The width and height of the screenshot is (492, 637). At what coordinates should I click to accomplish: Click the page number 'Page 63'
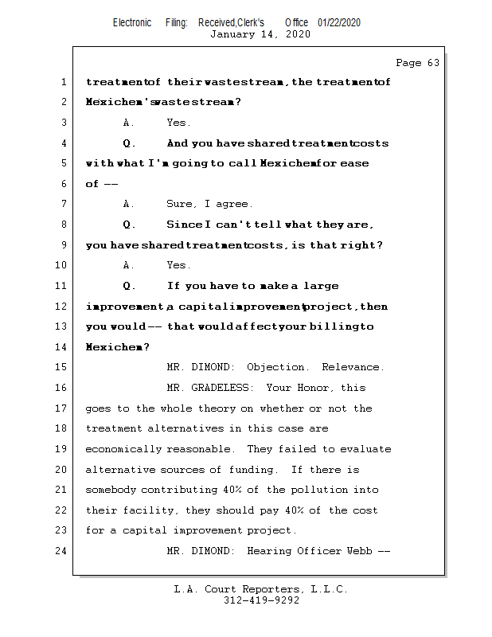[x=417, y=63]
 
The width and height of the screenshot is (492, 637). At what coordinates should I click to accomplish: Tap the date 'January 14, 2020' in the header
[x=260, y=34]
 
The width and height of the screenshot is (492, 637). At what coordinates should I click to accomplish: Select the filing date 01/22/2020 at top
[x=338, y=23]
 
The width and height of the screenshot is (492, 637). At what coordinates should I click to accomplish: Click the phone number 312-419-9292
[x=261, y=601]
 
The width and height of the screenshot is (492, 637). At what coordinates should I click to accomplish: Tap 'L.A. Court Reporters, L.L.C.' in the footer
[x=261, y=590]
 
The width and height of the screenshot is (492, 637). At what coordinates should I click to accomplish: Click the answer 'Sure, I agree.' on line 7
[x=209, y=204]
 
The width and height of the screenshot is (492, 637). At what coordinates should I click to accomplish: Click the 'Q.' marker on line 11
[x=130, y=286]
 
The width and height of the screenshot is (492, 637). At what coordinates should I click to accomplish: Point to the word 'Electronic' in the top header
[x=132, y=23]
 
